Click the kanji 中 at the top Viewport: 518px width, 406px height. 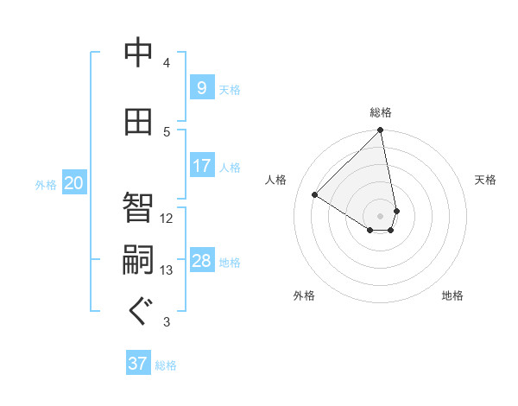pos(139,54)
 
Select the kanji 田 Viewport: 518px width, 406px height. pos(139,122)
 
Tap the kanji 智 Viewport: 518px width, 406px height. pos(139,206)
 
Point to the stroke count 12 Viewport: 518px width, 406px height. pos(167,218)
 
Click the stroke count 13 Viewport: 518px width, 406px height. pos(167,270)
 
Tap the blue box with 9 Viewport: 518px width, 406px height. pos(201,87)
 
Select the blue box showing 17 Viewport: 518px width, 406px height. pos(201,166)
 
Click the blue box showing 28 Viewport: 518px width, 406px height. pos(201,261)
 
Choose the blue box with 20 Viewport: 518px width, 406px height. pos(73,183)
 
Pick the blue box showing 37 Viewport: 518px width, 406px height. pos(138,364)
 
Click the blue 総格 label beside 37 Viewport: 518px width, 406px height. pos(166,365)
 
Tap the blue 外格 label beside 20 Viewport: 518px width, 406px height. pos(46,184)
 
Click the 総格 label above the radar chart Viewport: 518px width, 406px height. pos(381,112)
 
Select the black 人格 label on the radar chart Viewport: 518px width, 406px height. pos(275,180)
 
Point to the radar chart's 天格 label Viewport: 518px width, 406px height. pos(485,180)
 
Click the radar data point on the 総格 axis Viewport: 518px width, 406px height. pos(380,131)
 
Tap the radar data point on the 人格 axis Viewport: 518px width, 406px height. pos(315,194)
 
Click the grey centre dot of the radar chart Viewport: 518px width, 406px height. pos(380,215)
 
